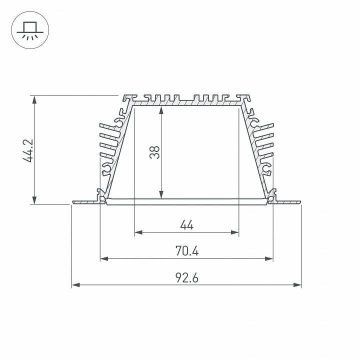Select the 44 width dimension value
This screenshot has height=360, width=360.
pyautogui.click(x=186, y=225)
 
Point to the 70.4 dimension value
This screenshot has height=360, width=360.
pyautogui.click(x=187, y=251)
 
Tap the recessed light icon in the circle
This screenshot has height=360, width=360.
pyautogui.click(x=29, y=29)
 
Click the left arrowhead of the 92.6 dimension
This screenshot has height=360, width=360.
pyautogui.click(x=75, y=285)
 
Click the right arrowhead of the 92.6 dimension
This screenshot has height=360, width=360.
pyautogui.click(x=298, y=285)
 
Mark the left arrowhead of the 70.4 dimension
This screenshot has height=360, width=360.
pyautogui.click(x=103, y=258)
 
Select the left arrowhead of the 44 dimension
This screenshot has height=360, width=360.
pyautogui.click(x=138, y=232)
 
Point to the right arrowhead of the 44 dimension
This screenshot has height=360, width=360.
pyautogui.click(x=235, y=232)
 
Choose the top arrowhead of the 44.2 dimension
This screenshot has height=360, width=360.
pyautogui.click(x=34, y=98)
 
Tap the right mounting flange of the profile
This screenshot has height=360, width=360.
pyautogui.click(x=287, y=202)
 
